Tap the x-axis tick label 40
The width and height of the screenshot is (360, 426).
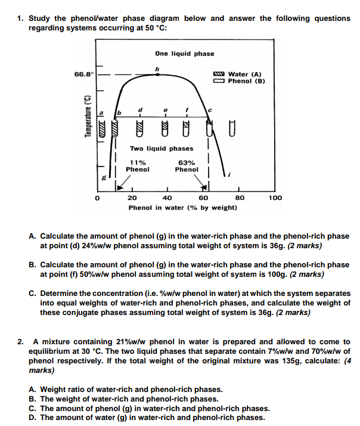tap(167, 197)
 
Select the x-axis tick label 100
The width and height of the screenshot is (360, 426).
tap(275, 197)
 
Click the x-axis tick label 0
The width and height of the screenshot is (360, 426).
tap(95, 197)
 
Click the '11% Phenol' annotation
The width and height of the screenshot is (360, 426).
tap(138, 165)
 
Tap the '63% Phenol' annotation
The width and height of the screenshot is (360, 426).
tap(187, 165)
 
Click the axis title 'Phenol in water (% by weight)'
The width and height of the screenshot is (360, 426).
tap(183, 207)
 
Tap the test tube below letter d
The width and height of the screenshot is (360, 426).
tap(140, 126)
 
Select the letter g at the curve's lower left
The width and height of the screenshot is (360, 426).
tap(102, 177)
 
